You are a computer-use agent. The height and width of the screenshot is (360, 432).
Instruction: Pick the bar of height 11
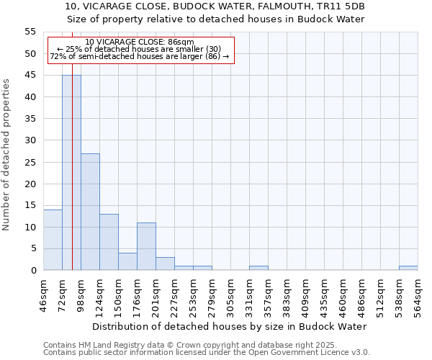146,246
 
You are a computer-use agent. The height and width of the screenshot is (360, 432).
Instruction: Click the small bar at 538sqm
408,268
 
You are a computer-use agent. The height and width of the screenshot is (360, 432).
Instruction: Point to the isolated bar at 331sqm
258,268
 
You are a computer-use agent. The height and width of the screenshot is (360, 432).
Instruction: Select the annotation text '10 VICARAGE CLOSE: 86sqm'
140,42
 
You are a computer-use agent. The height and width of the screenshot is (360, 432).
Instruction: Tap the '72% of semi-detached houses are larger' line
140,56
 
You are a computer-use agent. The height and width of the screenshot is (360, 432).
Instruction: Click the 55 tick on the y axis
30,32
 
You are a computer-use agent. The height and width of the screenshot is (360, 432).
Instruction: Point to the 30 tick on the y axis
30,140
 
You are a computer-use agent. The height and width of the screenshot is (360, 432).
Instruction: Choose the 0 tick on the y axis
33,271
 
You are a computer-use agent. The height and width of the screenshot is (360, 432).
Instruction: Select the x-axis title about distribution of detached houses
230,326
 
